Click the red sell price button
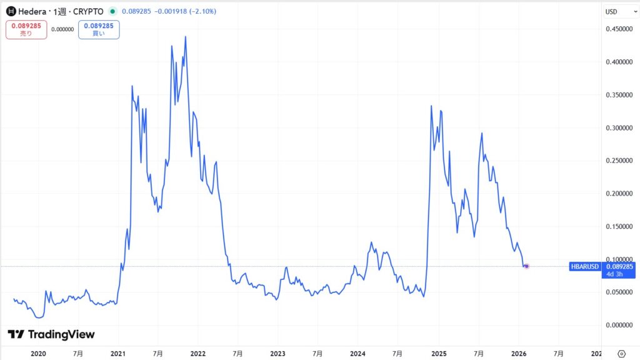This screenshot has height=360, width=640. pos(26,29)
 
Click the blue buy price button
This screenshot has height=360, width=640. pos(99,29)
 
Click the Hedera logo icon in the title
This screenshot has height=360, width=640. pos(11,11)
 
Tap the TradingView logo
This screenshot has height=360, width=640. pos(51,334)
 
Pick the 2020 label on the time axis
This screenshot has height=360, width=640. pos(39,353)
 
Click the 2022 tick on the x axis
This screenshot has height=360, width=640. pos(198,353)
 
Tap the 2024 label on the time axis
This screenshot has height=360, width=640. pos(358,353)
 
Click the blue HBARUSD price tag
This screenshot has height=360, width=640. pos(585,266)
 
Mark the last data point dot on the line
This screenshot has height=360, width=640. pos(527,266)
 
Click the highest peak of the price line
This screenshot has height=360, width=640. pos(186,37)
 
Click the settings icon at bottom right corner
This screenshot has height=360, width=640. pos(621,352)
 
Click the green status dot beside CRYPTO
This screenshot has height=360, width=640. pos(112,11)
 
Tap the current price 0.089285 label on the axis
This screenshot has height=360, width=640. pos(619,266)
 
